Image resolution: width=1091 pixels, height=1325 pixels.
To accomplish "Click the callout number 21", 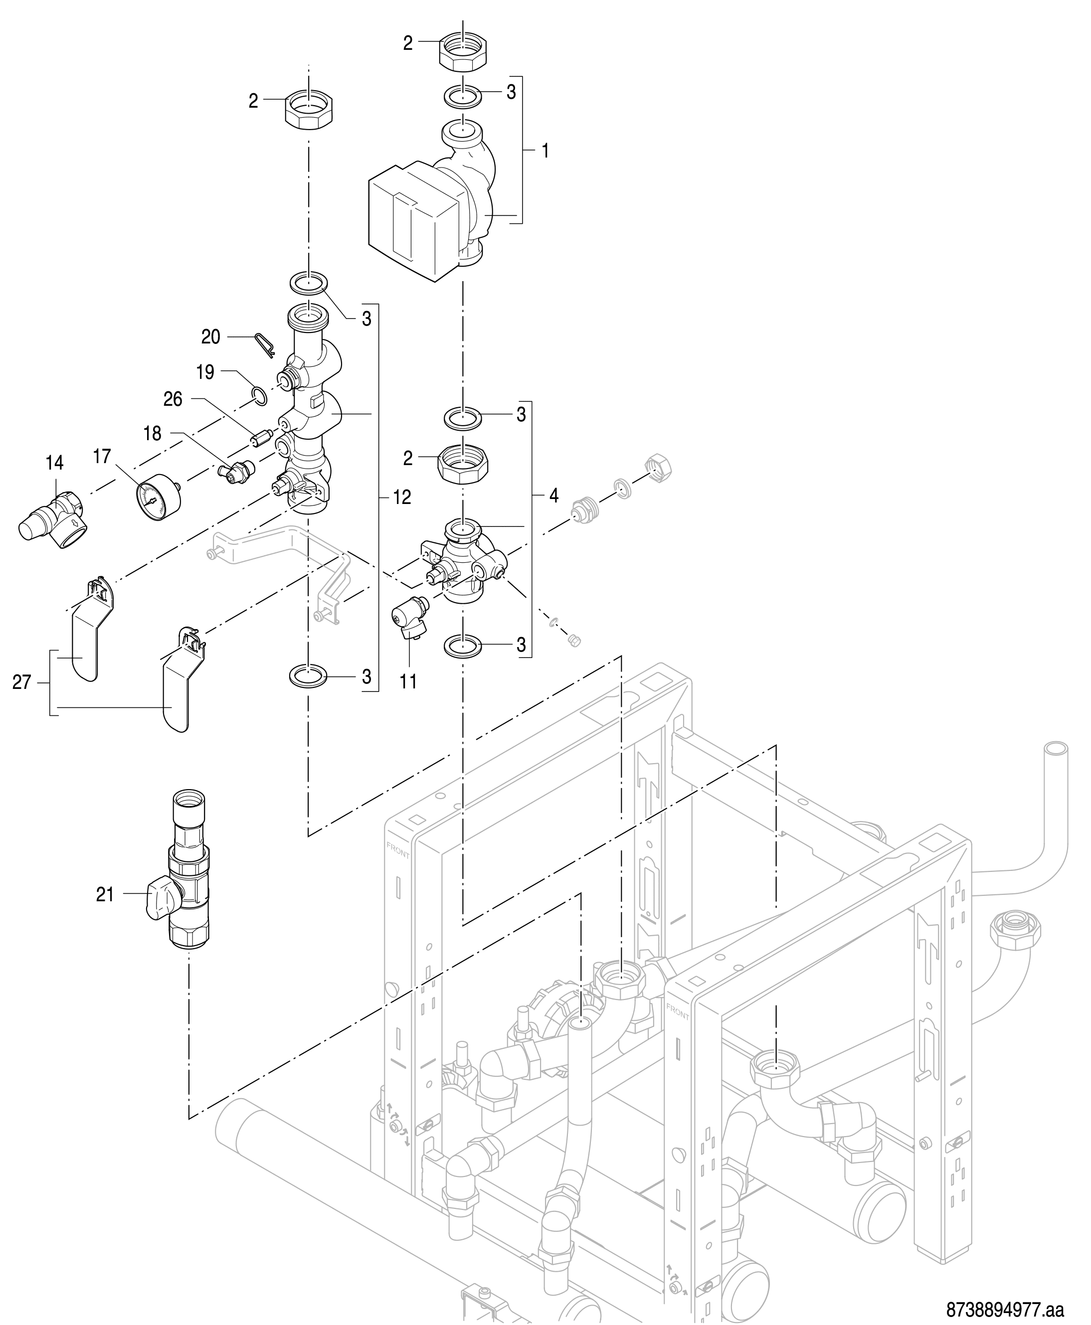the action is click(105, 894).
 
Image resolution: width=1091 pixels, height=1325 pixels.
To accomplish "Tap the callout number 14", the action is click(55, 463).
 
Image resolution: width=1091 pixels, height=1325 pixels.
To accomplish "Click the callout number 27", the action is click(22, 681).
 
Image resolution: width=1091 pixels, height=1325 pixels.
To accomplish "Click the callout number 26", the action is click(173, 399).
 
